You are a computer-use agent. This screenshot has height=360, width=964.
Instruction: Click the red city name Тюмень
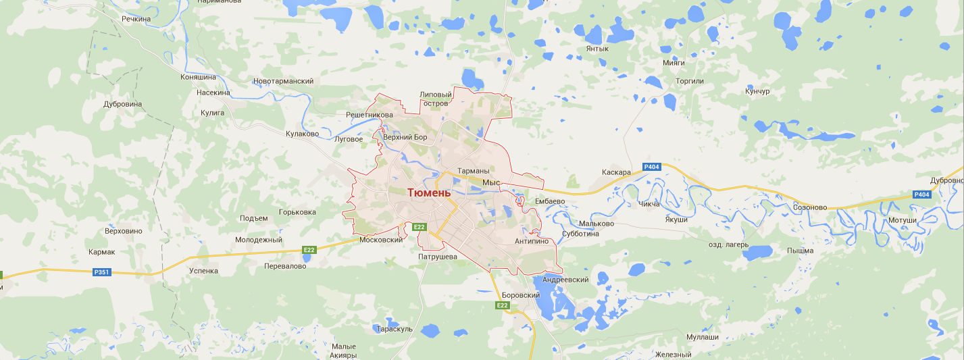click(428, 193)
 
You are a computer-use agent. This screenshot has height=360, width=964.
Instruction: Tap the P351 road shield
click(101, 272)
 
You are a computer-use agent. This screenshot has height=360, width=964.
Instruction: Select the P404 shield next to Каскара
click(652, 167)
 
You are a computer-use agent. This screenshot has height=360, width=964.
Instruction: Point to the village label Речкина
click(136, 19)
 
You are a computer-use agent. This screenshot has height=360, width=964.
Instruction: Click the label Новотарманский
click(283, 81)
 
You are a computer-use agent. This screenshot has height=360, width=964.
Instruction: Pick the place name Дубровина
click(123, 105)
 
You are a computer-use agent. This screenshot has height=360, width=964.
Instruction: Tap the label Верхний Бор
click(405, 138)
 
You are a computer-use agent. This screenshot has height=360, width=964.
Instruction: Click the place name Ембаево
click(549, 201)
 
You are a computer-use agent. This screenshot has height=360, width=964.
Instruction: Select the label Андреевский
click(565, 280)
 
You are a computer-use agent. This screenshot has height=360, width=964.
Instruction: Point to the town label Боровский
click(521, 296)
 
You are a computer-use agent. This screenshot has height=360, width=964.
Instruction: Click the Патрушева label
click(438, 257)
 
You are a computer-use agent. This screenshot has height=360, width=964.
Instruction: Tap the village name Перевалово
click(285, 266)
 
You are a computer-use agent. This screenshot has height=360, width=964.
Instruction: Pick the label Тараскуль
click(395, 329)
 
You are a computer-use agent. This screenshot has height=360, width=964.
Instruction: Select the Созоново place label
click(810, 207)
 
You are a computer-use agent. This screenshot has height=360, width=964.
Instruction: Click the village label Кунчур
click(757, 91)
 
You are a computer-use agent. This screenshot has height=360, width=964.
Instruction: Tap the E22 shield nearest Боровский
click(502, 305)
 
